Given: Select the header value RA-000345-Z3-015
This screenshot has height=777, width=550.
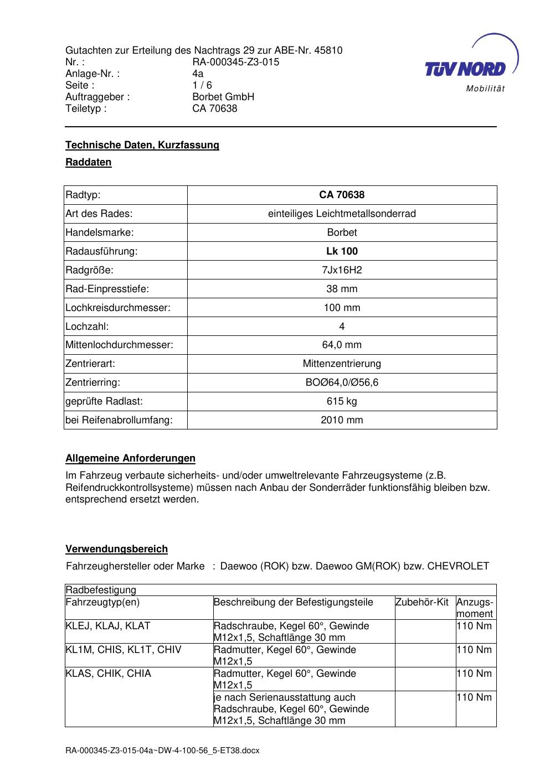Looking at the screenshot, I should (x=235, y=62).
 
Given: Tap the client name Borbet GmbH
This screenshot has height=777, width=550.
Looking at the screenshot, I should (x=223, y=97).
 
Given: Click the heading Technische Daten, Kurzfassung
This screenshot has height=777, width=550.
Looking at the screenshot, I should (x=142, y=145).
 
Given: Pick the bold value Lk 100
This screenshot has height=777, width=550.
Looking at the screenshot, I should (x=342, y=251).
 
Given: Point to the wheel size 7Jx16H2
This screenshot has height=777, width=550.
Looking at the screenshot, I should (x=342, y=270).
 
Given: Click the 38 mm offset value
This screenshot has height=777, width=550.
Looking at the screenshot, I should (x=342, y=289).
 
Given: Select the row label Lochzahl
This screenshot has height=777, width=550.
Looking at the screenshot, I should (x=87, y=327).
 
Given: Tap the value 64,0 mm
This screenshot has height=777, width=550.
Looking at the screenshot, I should (x=342, y=345).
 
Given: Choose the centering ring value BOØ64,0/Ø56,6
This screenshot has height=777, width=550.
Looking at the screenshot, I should (x=342, y=382).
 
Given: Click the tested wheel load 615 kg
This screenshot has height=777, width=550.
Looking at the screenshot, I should (x=342, y=401).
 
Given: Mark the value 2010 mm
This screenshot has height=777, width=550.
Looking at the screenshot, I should (x=342, y=420).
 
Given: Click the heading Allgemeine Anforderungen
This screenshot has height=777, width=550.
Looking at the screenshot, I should (x=130, y=458).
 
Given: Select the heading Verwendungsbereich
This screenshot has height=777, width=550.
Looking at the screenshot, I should (x=116, y=549).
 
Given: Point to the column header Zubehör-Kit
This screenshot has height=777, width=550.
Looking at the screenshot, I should (x=422, y=602).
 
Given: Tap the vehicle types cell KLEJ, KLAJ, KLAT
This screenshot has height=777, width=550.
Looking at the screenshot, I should (x=107, y=626).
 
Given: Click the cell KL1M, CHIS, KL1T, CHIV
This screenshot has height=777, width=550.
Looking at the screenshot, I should (x=123, y=650).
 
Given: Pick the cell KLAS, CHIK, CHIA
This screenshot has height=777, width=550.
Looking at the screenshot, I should (x=108, y=674).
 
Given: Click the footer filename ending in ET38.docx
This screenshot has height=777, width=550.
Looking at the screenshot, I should (x=162, y=751).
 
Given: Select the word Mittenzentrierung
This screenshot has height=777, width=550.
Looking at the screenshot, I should (x=342, y=364).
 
